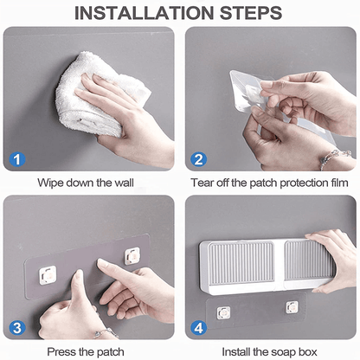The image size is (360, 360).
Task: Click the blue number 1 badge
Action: (x=18, y=158)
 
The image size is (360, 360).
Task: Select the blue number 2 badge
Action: (x=198, y=158)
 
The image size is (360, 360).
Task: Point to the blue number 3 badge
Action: (x=18, y=328)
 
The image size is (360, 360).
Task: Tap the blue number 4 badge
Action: (x=198, y=328)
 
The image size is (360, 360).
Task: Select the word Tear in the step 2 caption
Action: (x=203, y=183)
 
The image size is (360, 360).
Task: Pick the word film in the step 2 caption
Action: (x=337, y=183)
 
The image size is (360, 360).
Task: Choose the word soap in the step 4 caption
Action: (x=287, y=351)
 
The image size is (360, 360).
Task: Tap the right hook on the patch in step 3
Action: (x=132, y=255)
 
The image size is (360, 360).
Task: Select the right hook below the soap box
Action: (x=292, y=306)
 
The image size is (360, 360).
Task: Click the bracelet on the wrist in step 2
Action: (x=330, y=157)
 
